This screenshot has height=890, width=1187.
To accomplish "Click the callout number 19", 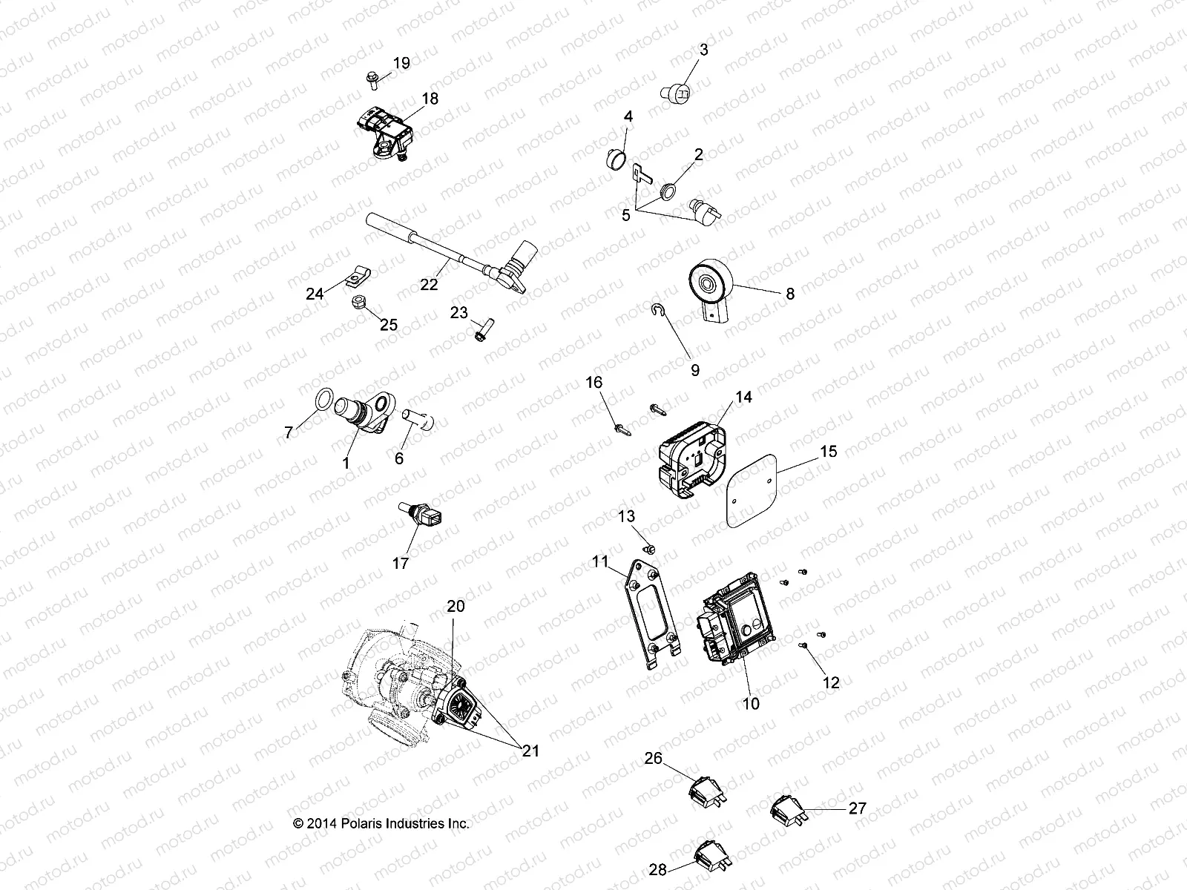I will (x=401, y=63).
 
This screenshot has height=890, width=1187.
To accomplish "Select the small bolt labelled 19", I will (x=372, y=79).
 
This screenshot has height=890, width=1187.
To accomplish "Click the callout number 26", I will (x=653, y=758).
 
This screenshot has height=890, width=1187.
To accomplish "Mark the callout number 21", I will (x=530, y=751).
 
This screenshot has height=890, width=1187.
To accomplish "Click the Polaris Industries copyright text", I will (x=381, y=823).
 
